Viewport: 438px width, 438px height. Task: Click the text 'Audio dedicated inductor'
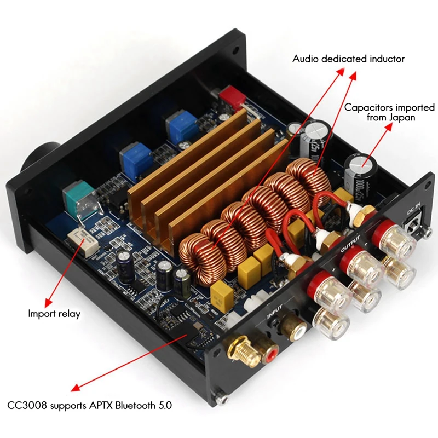(x=348, y=59)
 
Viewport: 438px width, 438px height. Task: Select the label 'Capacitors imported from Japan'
(x=389, y=112)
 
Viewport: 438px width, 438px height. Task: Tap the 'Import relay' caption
(x=54, y=314)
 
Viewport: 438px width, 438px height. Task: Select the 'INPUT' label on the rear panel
(x=276, y=313)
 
